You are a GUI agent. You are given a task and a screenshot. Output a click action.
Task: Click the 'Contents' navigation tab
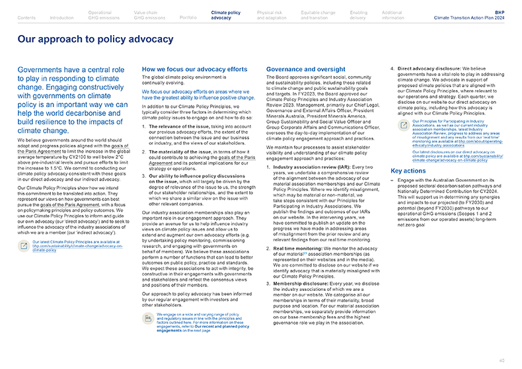point(27,18)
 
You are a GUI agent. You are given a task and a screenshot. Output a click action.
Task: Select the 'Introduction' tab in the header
point(61,18)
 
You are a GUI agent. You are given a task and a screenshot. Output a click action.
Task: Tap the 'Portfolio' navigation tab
point(188,18)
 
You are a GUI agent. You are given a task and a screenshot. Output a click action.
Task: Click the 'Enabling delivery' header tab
point(359,15)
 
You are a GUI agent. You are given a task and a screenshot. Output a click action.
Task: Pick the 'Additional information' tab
point(392,15)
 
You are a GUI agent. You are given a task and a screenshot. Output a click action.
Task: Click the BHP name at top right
point(499,12)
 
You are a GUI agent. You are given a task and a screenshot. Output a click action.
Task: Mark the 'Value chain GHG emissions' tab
point(147,15)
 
